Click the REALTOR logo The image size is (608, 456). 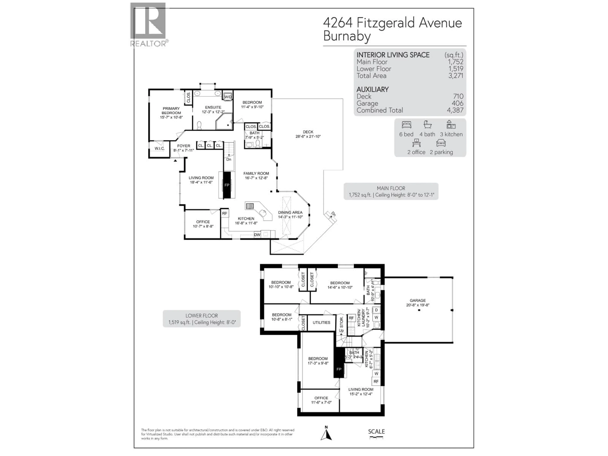pos(148,24)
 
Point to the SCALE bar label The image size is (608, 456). pos(376,431)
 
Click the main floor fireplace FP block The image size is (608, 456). pos(227,185)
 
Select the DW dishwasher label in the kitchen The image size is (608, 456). pos(257,235)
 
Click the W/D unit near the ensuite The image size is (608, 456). pos(228,97)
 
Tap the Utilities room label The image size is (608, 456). pos(321,322)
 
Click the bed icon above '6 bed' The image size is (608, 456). pos(406,125)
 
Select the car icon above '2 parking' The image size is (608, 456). pos(441,143)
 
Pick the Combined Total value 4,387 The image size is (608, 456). pos(455,110)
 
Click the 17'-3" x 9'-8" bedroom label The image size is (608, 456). pos(318,361)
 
